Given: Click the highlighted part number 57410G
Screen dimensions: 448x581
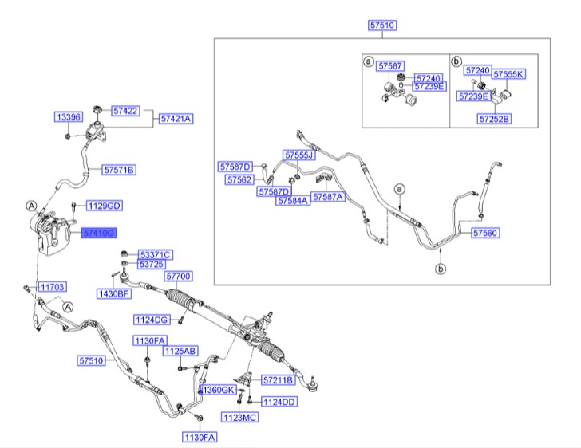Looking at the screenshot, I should tap(99, 232).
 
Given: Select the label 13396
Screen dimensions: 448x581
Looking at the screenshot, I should tap(68, 117).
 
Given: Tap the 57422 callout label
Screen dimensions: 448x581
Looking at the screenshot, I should tap(126, 112).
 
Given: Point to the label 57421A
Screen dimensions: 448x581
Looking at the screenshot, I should tap(176, 119).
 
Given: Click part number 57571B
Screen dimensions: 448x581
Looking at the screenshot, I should tap(119, 170).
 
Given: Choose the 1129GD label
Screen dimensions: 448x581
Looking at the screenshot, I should tap(105, 206).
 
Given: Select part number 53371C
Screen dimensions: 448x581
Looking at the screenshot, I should tap(155, 254).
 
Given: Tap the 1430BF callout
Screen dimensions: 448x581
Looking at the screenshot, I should tap(114, 293).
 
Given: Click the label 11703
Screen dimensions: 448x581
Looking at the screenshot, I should tap(53, 285).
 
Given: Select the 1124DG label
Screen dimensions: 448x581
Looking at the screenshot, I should tap(151, 320).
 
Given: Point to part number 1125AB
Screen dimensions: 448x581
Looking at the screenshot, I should tap(180, 351).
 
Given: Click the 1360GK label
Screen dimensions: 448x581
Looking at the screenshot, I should tap(217, 391).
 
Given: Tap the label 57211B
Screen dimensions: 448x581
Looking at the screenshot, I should tap(278, 380).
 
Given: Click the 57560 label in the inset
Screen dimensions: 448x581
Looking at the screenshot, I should tap(485, 234).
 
